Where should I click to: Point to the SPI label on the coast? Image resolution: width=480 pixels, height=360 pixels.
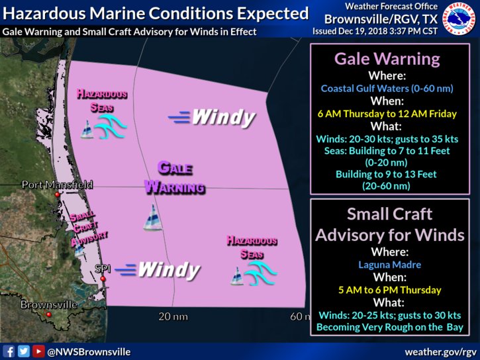[x=103, y=269]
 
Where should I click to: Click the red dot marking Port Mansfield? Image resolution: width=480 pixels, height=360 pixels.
[x=58, y=196]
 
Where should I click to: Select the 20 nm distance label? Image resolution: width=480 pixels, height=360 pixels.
[x=173, y=316]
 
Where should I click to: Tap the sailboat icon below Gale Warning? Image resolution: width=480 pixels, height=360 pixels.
[x=153, y=217]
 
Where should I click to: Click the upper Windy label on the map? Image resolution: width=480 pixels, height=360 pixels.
[x=213, y=118]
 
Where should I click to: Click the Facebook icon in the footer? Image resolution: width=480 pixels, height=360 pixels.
[x=9, y=351]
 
